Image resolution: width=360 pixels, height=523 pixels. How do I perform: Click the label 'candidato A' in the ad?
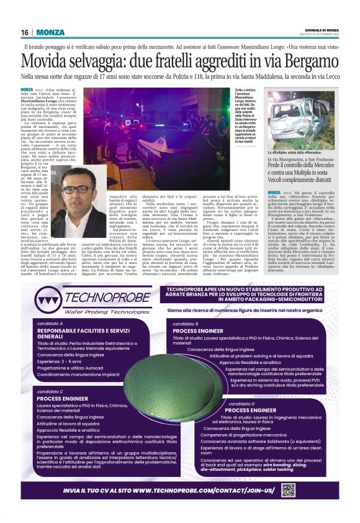tap(50, 324)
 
